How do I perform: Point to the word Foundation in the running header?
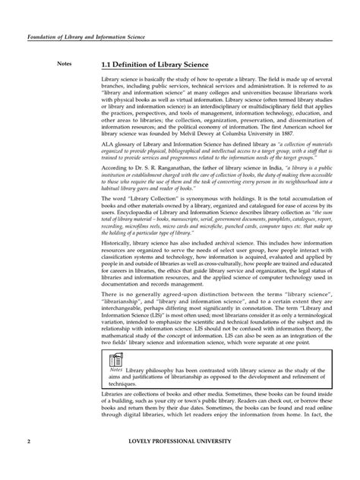point(45,36)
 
